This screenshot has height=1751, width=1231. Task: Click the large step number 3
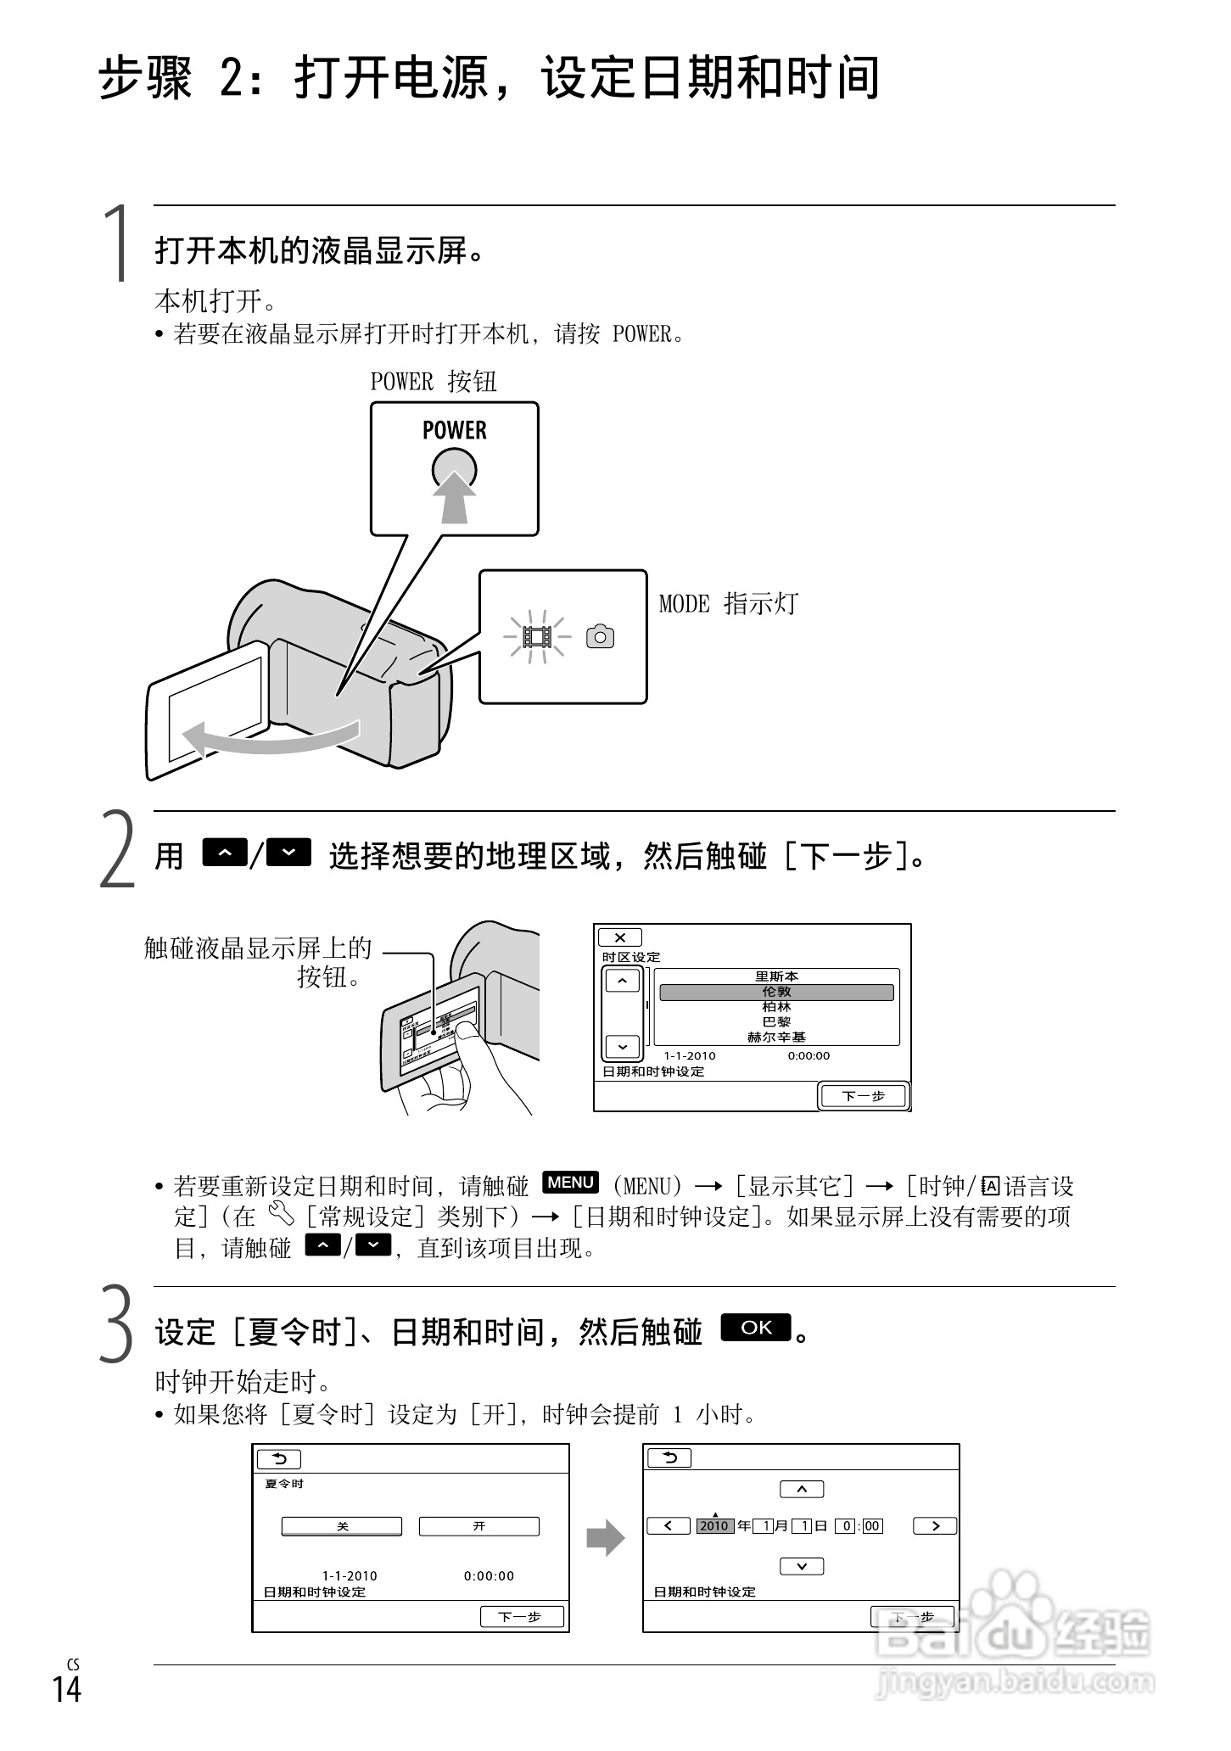point(117,1325)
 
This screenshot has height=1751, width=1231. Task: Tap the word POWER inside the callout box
point(454,430)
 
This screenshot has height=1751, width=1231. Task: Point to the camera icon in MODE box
point(600,636)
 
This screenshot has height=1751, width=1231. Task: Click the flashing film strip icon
point(536,636)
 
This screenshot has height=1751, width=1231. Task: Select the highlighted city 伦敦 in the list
point(776,992)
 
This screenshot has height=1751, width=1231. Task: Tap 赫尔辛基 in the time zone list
point(776,1037)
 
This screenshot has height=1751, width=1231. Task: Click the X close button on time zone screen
point(620,937)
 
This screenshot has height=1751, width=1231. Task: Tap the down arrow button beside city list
point(623,1047)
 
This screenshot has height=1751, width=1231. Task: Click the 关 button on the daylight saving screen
point(342,1526)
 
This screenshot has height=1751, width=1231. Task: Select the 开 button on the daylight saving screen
point(478,1526)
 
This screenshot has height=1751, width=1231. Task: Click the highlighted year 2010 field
point(714,1526)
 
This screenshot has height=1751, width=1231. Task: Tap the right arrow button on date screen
point(934,1526)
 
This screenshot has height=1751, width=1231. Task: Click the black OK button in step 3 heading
point(755,1328)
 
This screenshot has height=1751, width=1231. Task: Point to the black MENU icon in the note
point(570,1182)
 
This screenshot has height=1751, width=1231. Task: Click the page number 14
point(66,1689)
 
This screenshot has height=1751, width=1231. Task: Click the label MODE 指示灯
point(728,604)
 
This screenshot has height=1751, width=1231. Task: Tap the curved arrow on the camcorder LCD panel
point(271,737)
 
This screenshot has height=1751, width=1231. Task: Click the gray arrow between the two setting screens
point(605,1538)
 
